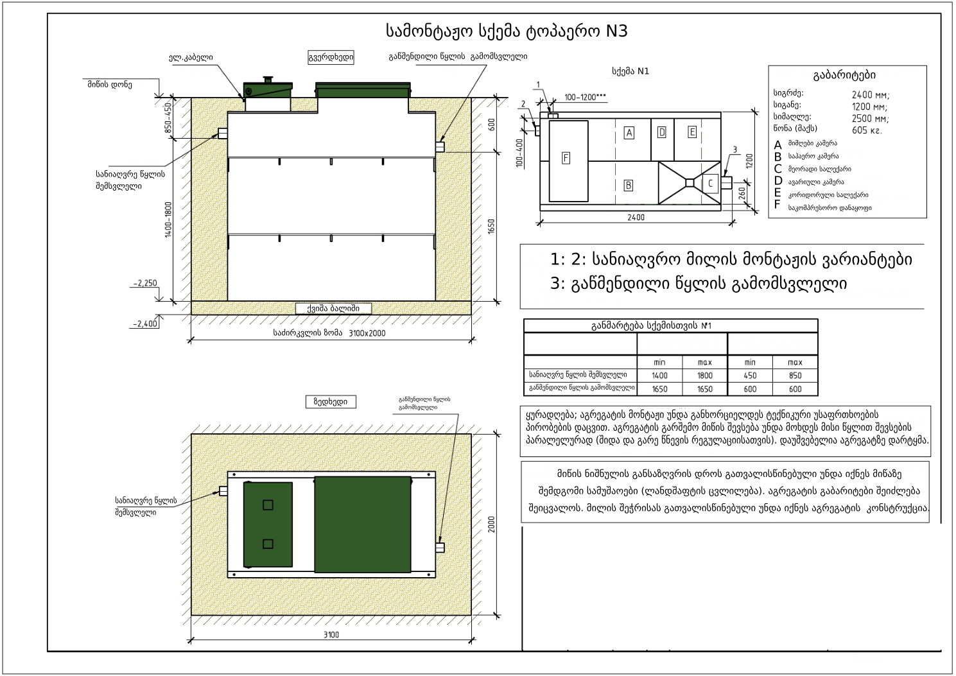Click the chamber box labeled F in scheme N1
tap(566, 158)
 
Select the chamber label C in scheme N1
tap(710, 184)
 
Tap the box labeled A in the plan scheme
tap(629, 133)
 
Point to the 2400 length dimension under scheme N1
tap(636, 218)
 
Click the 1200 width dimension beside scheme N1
tap(749, 160)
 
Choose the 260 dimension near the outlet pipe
tap(742, 193)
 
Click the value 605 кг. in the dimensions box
tap(867, 130)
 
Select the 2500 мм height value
tap(870, 119)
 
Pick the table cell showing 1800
tap(704, 376)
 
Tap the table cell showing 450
tap(749, 376)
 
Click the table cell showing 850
tap(795, 376)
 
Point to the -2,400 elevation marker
tap(145, 324)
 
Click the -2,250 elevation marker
tap(145, 283)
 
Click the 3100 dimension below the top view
tap(331, 635)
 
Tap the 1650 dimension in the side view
tap(492, 227)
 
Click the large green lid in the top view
tap(362, 524)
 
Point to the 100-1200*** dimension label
tap(585, 98)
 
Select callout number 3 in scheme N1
tap(734, 150)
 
